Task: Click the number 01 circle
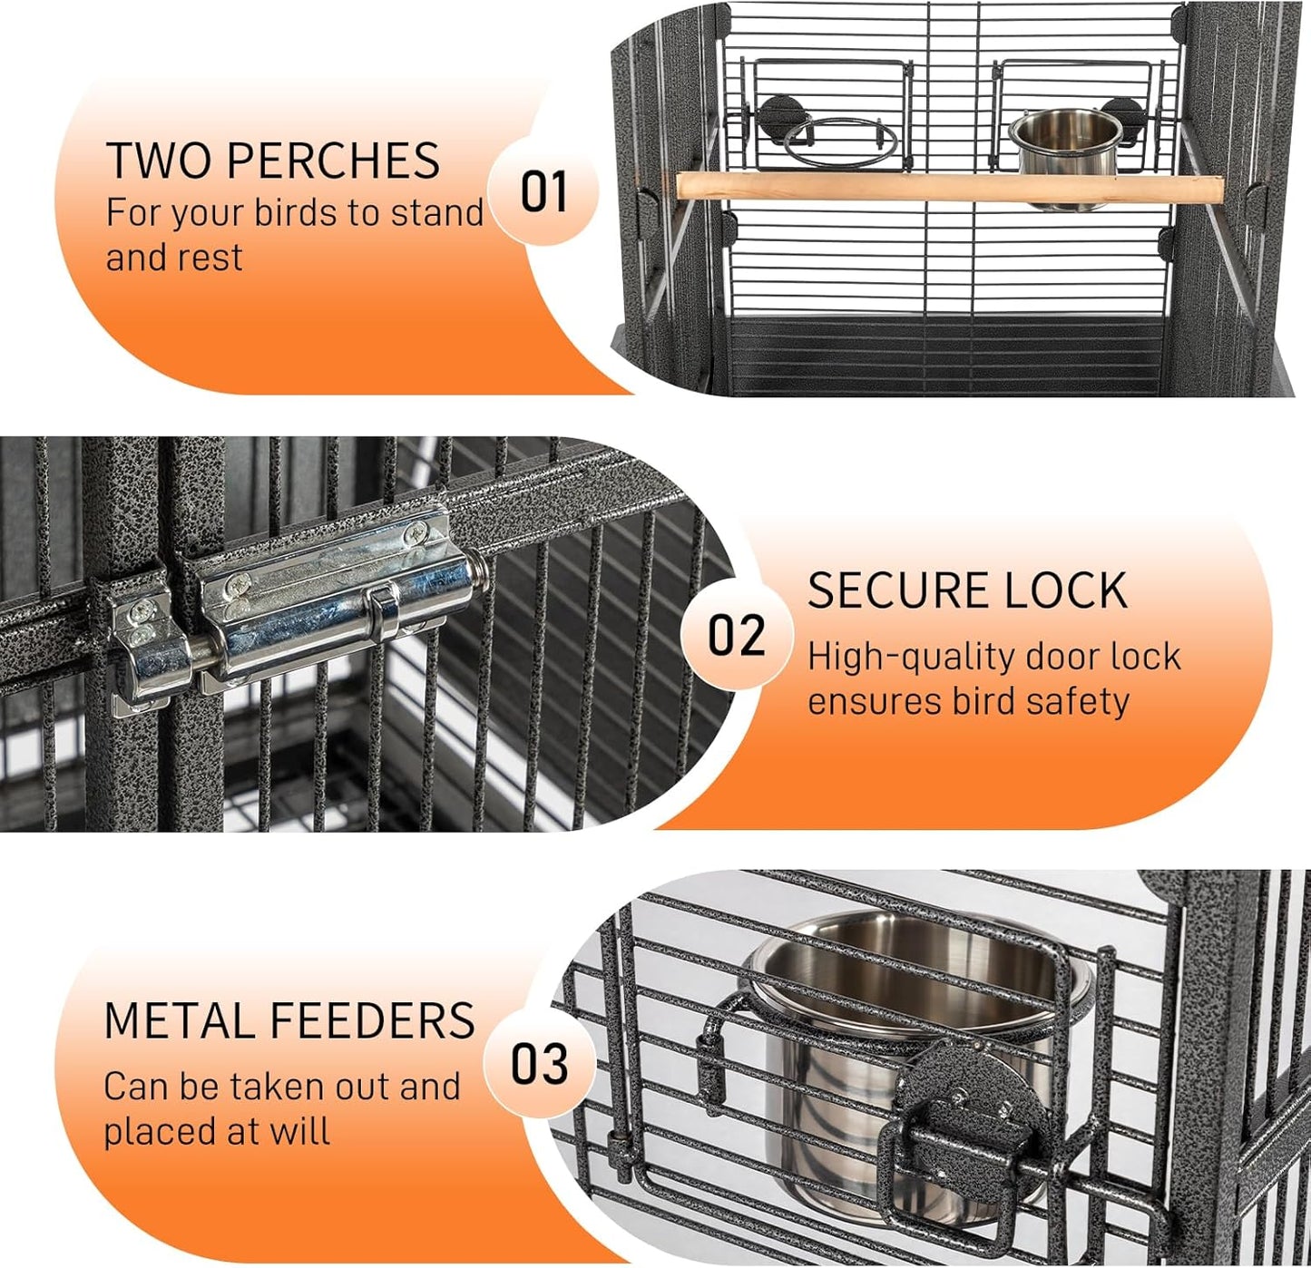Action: [x=543, y=191]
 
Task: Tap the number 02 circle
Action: [x=736, y=635]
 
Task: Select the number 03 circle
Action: [x=539, y=1064]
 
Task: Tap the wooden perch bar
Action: [x=948, y=189]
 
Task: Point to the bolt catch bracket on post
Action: [x=145, y=635]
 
